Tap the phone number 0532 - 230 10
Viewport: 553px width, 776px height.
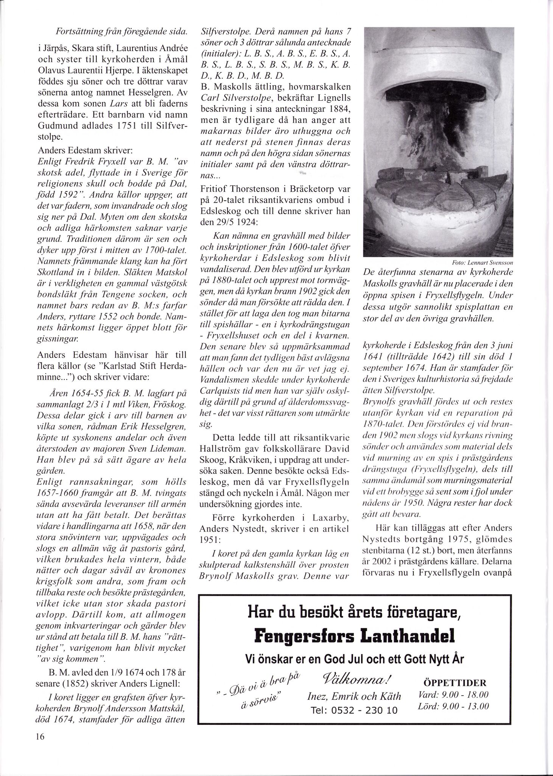pos(354,710)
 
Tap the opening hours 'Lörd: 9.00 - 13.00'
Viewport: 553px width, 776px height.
pos(453,706)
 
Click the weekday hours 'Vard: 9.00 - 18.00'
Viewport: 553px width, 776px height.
pos(453,695)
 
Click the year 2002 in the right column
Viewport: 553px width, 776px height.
pos(385,561)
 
